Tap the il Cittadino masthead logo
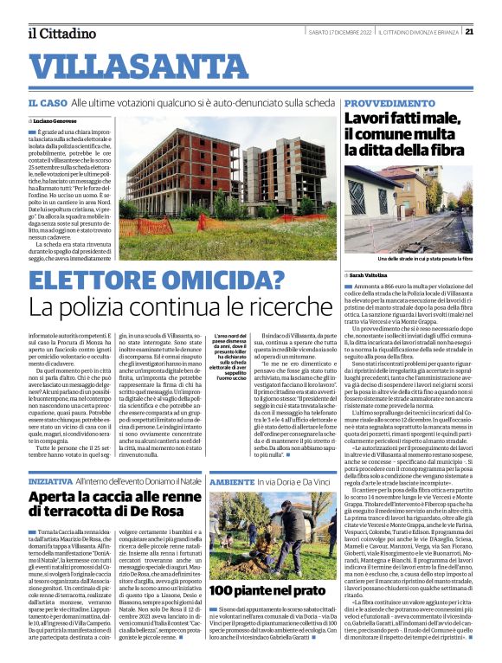pos(61,33)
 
